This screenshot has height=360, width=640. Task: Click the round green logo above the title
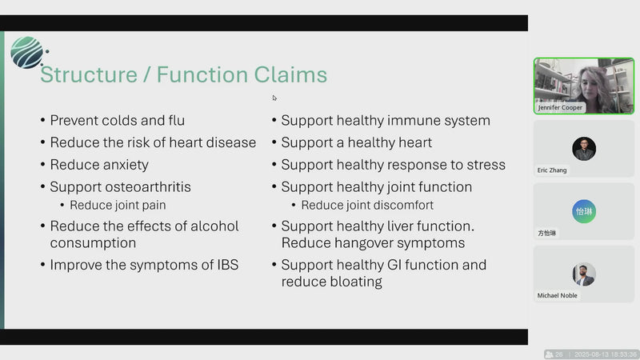27,52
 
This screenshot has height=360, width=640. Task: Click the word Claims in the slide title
290,74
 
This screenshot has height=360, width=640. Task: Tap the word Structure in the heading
89,74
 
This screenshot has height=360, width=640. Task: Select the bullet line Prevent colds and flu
117,121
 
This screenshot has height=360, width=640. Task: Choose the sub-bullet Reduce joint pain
118,205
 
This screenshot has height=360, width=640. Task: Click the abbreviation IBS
228,265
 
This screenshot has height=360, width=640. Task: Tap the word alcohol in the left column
214,226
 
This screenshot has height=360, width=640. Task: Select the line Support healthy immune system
386,121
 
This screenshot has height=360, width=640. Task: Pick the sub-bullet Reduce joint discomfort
367,205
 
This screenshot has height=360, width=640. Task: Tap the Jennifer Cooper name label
560,107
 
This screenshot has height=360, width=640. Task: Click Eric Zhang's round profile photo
584,149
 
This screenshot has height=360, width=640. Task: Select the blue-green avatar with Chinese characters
584,211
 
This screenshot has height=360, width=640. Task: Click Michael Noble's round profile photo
584,274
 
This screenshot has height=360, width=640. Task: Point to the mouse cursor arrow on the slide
274,98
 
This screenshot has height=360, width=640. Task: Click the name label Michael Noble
557,295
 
